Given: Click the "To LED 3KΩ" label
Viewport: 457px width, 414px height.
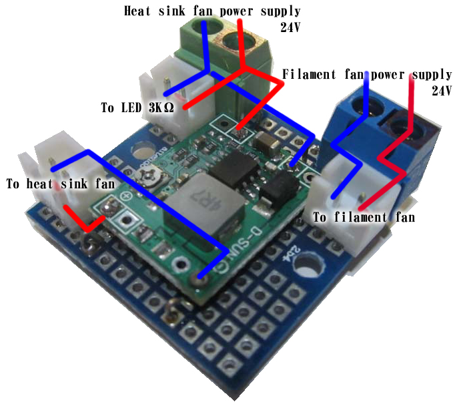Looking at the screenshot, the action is point(137,108).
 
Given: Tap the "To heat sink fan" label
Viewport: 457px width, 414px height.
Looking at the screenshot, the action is point(61,184).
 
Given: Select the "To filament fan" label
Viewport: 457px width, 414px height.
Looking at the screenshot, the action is point(364,218).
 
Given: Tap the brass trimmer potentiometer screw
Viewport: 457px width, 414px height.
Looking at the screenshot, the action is point(149,177).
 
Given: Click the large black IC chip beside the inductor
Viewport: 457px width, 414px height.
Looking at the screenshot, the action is point(234,170).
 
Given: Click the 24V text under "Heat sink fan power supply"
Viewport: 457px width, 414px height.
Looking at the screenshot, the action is point(290,27).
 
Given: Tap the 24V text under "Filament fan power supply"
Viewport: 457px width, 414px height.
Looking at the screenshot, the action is point(442,91).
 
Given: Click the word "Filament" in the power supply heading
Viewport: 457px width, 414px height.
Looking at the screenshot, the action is point(309,74).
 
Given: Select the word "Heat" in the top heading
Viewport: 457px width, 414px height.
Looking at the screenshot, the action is point(137,11).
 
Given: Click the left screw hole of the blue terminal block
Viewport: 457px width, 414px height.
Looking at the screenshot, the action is point(364,107).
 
